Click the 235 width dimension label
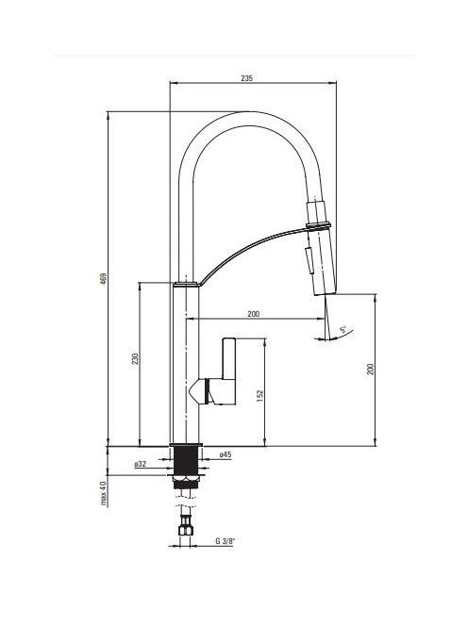tap(246, 78)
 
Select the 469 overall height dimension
tap(103, 278)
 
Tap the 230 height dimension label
tap(135, 359)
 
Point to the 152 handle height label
tap(260, 395)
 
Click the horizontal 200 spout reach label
tap(253, 314)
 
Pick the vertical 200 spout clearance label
tap(371, 369)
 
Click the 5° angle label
tap(343, 330)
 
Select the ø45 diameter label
tap(225, 454)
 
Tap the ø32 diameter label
tap(141, 464)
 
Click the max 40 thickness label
tap(103, 493)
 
